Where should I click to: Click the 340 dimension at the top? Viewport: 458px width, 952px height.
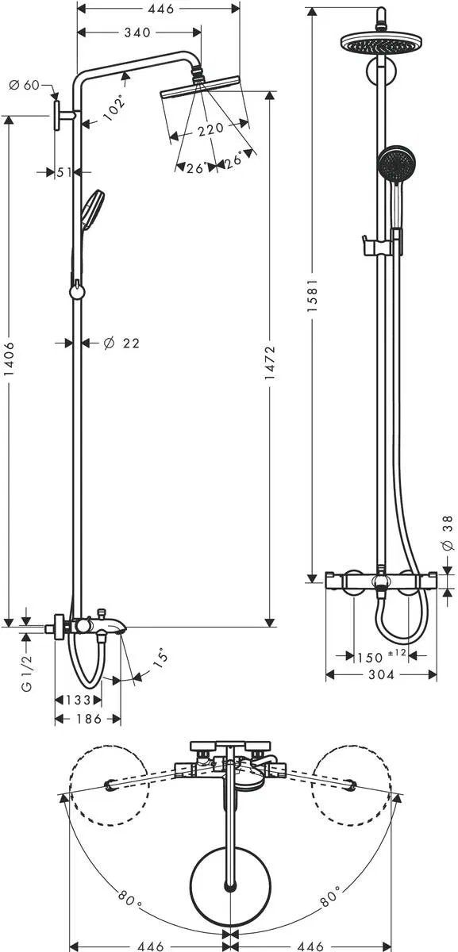click(137, 33)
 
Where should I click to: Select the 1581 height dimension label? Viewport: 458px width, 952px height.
click(313, 296)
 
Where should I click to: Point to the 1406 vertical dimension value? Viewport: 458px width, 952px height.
click(10, 359)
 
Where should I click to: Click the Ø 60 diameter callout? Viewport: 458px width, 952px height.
click(24, 85)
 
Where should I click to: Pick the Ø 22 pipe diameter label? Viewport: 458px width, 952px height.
click(121, 343)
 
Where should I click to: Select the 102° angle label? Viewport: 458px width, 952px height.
click(115, 108)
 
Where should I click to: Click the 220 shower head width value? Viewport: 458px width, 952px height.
click(210, 129)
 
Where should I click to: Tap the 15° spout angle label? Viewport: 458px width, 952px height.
click(160, 660)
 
